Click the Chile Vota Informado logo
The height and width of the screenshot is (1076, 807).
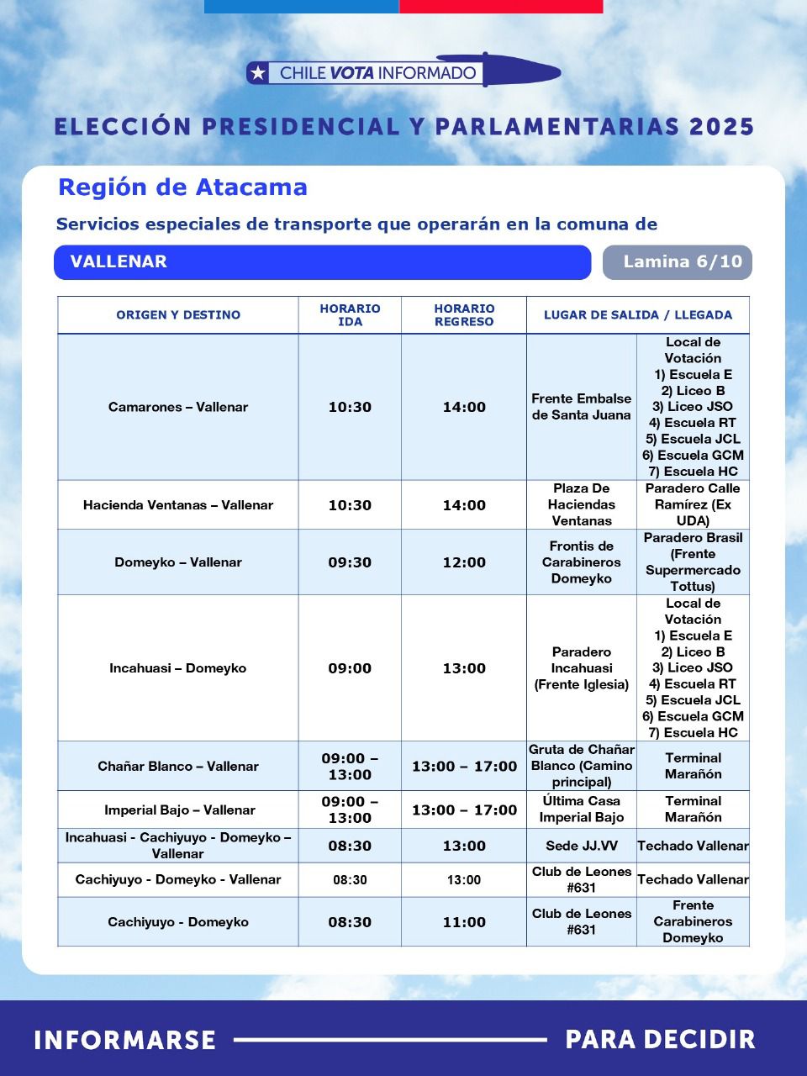point(403,72)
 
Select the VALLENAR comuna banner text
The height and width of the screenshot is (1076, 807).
point(119,262)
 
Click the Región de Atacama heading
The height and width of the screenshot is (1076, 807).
point(182,187)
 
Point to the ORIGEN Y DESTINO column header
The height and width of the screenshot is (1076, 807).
point(178,315)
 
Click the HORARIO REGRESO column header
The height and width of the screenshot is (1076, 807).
point(464,315)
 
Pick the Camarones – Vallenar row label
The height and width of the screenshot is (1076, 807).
point(178,407)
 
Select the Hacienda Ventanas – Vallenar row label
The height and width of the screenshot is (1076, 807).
point(178,505)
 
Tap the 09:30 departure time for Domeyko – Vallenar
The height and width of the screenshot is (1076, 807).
point(350,562)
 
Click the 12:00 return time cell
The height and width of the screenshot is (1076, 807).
point(464,562)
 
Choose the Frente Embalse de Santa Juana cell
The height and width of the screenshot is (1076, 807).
point(582,407)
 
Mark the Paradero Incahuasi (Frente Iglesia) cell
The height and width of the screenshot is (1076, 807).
point(582,668)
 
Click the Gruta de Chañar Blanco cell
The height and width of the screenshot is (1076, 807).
point(582,766)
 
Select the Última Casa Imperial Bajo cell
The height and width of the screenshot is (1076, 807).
point(582,810)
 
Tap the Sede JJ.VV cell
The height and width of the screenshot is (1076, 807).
point(582,846)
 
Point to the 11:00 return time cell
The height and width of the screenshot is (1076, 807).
point(464,922)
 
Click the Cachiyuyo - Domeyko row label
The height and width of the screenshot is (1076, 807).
point(178,922)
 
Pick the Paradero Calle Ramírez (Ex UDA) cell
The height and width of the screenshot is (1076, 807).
point(693,504)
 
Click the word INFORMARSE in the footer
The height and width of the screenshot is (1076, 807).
point(125,1040)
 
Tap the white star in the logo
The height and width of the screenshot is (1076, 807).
point(259,73)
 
